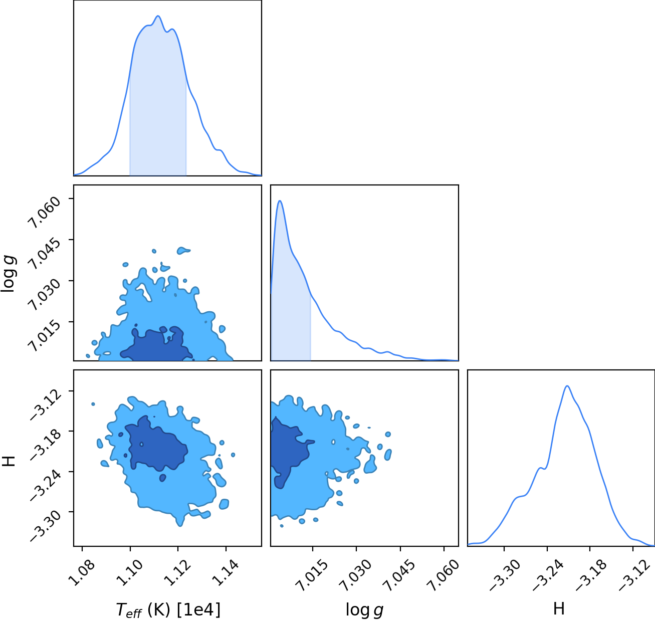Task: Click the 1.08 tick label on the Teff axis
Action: [82, 573]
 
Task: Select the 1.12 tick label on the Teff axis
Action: [177, 573]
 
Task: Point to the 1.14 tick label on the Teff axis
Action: [225, 573]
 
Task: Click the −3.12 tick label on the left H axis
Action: [46, 403]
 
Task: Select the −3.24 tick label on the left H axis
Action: [46, 485]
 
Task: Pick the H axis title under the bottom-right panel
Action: [559, 608]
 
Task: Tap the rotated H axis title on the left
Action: [9, 461]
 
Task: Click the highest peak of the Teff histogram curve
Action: [158, 16]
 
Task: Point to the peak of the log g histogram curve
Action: [280, 200]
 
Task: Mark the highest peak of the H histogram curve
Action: [567, 386]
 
